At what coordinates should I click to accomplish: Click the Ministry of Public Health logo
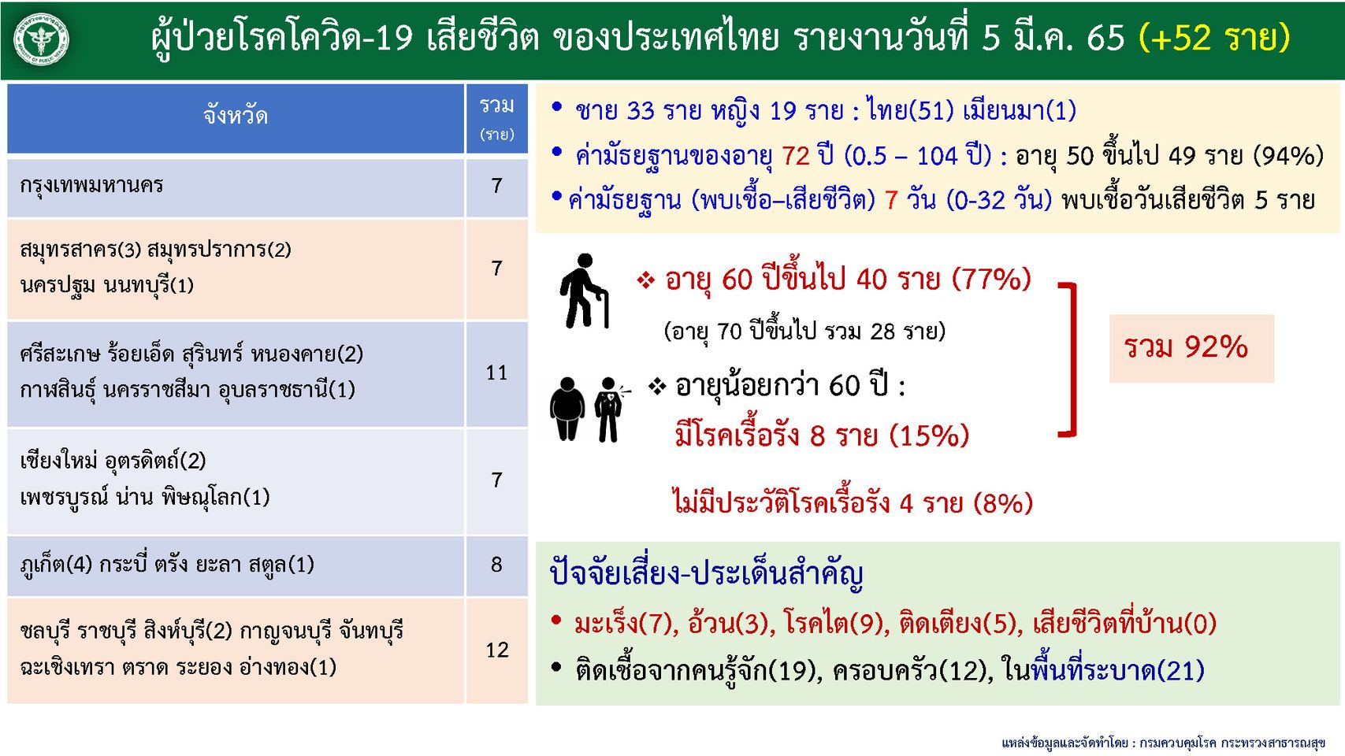pyautogui.click(x=41, y=39)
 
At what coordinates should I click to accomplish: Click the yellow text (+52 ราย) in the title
pyautogui.click(x=1214, y=38)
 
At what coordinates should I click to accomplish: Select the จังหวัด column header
pyautogui.click(x=236, y=118)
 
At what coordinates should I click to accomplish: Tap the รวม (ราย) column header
pyautogui.click(x=497, y=118)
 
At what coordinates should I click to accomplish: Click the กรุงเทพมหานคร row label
pyautogui.click(x=91, y=185)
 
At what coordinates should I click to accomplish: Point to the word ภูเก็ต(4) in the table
pyautogui.click(x=56, y=565)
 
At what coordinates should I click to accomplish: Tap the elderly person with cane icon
pyautogui.click(x=584, y=291)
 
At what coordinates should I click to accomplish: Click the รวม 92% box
pyautogui.click(x=1191, y=348)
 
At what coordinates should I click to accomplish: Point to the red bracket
pyautogui.click(x=1072, y=359)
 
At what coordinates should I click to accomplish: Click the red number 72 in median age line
pyautogui.click(x=796, y=156)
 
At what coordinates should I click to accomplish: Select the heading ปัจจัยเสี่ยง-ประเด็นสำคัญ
pyautogui.click(x=706, y=574)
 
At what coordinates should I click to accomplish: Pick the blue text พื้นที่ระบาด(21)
pyautogui.click(x=1117, y=670)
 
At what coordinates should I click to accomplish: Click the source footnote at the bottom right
pyautogui.click(x=1163, y=743)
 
